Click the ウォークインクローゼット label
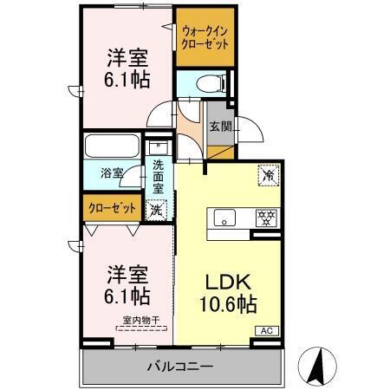205,36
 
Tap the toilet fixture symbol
208,84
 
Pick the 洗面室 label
158,176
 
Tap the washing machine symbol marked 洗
156,208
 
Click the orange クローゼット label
111,208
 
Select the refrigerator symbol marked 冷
269,175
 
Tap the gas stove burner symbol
265,217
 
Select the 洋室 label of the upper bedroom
127,59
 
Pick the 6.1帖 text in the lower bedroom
127,295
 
